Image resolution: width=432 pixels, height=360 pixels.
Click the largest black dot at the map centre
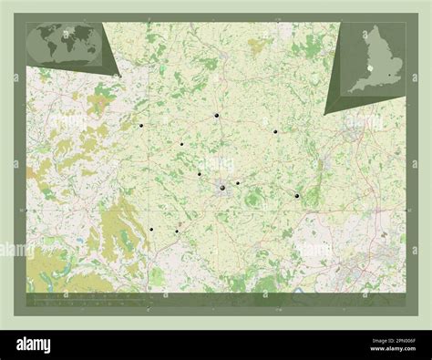(221, 188)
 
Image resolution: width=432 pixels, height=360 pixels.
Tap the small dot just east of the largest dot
(238, 183)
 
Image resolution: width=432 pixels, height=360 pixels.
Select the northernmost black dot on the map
(217, 116)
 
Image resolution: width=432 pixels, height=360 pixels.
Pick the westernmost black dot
(141, 126)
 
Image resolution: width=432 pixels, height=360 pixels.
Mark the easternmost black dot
(297, 196)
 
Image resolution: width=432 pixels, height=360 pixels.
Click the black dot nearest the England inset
(275, 132)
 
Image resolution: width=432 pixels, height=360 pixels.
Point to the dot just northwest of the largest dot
(199, 174)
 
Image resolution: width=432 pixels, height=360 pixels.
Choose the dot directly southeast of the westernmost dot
(181, 144)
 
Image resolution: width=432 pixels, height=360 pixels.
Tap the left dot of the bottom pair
(150, 229)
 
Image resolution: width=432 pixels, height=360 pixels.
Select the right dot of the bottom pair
(176, 231)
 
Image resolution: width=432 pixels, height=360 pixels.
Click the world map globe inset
(67, 42)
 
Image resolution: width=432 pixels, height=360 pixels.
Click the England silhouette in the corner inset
(375, 62)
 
